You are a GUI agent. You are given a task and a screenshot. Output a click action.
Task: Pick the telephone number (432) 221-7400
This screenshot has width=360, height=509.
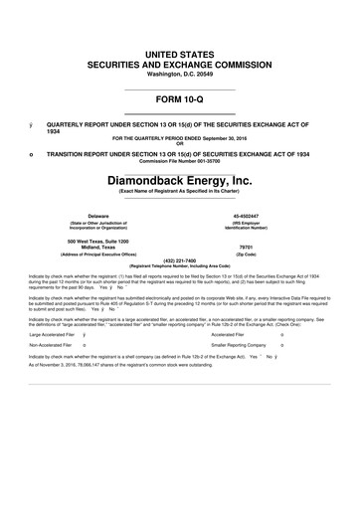point(179,289)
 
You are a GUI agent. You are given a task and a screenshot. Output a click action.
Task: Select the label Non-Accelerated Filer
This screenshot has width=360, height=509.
point(57,383)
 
